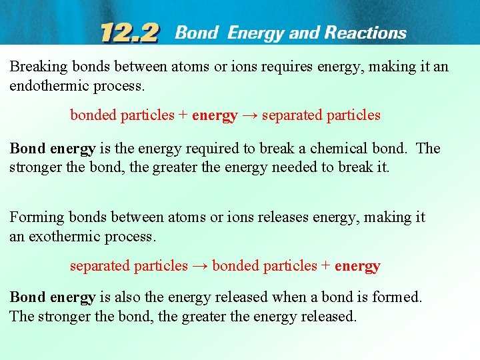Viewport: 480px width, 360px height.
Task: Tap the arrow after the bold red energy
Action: click(x=249, y=115)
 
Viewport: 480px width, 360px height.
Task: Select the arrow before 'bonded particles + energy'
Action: click(x=200, y=266)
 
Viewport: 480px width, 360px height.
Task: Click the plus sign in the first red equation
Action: click(x=183, y=115)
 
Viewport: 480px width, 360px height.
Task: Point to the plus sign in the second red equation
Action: click(x=326, y=266)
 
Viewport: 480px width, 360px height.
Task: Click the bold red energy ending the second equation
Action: click(x=357, y=266)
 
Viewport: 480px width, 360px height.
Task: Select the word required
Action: click(x=214, y=148)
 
